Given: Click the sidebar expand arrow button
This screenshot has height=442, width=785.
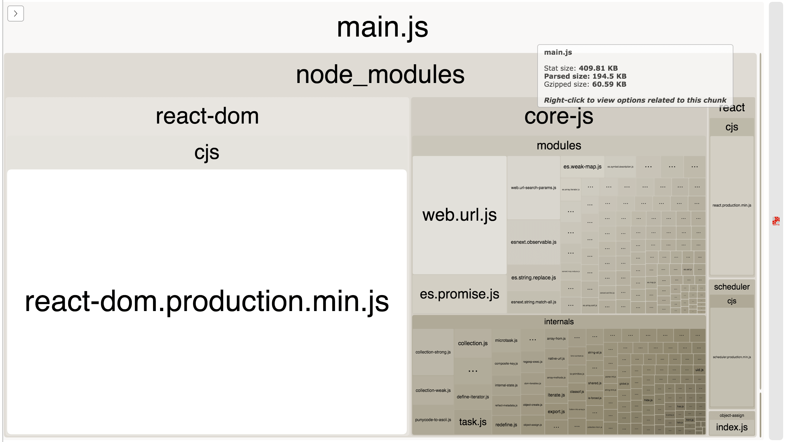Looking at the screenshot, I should click(x=15, y=14).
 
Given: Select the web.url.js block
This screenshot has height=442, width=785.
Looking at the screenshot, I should click(x=459, y=215).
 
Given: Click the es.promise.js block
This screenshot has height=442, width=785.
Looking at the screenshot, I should click(x=459, y=294).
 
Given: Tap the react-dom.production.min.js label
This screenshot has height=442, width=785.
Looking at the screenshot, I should click(x=207, y=302).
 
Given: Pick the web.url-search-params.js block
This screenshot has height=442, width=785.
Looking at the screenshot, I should click(x=533, y=188).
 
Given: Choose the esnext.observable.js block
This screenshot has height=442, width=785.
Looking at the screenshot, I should click(x=533, y=242).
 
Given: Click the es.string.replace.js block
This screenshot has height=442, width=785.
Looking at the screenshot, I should click(x=533, y=278).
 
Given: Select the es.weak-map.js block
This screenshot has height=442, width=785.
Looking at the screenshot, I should click(x=582, y=167).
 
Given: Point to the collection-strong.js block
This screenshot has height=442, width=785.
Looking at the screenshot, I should click(x=433, y=352).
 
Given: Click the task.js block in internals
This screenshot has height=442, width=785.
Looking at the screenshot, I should click(x=472, y=422).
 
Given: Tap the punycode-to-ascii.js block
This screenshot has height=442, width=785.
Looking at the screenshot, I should click(x=433, y=420).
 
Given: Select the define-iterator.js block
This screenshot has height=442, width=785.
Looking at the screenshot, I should click(x=472, y=397).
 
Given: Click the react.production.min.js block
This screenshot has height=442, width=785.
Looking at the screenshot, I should click(x=732, y=205).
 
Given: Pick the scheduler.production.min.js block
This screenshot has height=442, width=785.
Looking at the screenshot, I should click(x=732, y=357).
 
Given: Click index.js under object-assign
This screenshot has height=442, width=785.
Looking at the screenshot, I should click(x=732, y=427).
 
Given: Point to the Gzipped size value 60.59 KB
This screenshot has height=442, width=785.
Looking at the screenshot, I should click(x=609, y=84).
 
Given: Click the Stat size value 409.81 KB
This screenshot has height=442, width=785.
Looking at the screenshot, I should click(x=598, y=68).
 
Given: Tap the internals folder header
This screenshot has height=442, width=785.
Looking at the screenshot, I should click(x=558, y=322).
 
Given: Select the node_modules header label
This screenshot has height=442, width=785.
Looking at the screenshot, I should click(x=380, y=75).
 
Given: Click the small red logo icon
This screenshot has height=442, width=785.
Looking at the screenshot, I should click(x=776, y=221).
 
